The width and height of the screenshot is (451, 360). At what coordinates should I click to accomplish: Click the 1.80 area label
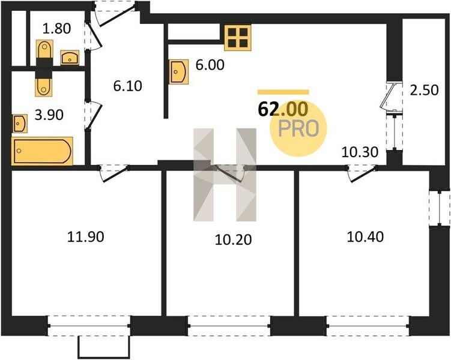56,28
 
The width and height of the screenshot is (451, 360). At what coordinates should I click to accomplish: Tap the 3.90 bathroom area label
49,115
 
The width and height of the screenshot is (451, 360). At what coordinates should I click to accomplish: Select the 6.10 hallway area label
128,86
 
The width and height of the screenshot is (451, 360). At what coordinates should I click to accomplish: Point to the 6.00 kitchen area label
210,65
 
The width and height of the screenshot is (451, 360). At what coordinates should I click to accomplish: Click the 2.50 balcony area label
424,90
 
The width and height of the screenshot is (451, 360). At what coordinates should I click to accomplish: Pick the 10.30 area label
360,152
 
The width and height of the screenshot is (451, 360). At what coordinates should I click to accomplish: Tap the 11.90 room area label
86,237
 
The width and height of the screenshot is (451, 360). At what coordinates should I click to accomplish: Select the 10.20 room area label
233,239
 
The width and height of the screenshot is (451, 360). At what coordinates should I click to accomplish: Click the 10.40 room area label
365,237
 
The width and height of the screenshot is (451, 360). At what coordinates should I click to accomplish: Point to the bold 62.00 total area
283,109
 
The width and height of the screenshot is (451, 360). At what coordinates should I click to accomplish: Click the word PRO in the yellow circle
298,128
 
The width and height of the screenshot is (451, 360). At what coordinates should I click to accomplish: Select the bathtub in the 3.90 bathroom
42,151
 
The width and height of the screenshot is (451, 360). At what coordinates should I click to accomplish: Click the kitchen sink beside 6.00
179,72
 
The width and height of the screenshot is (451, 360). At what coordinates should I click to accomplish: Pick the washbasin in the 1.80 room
70,58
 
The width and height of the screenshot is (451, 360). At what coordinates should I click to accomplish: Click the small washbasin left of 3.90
20,124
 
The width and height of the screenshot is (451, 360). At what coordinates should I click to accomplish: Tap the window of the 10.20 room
229,326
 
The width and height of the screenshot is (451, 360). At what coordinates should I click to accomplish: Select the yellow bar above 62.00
283,92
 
